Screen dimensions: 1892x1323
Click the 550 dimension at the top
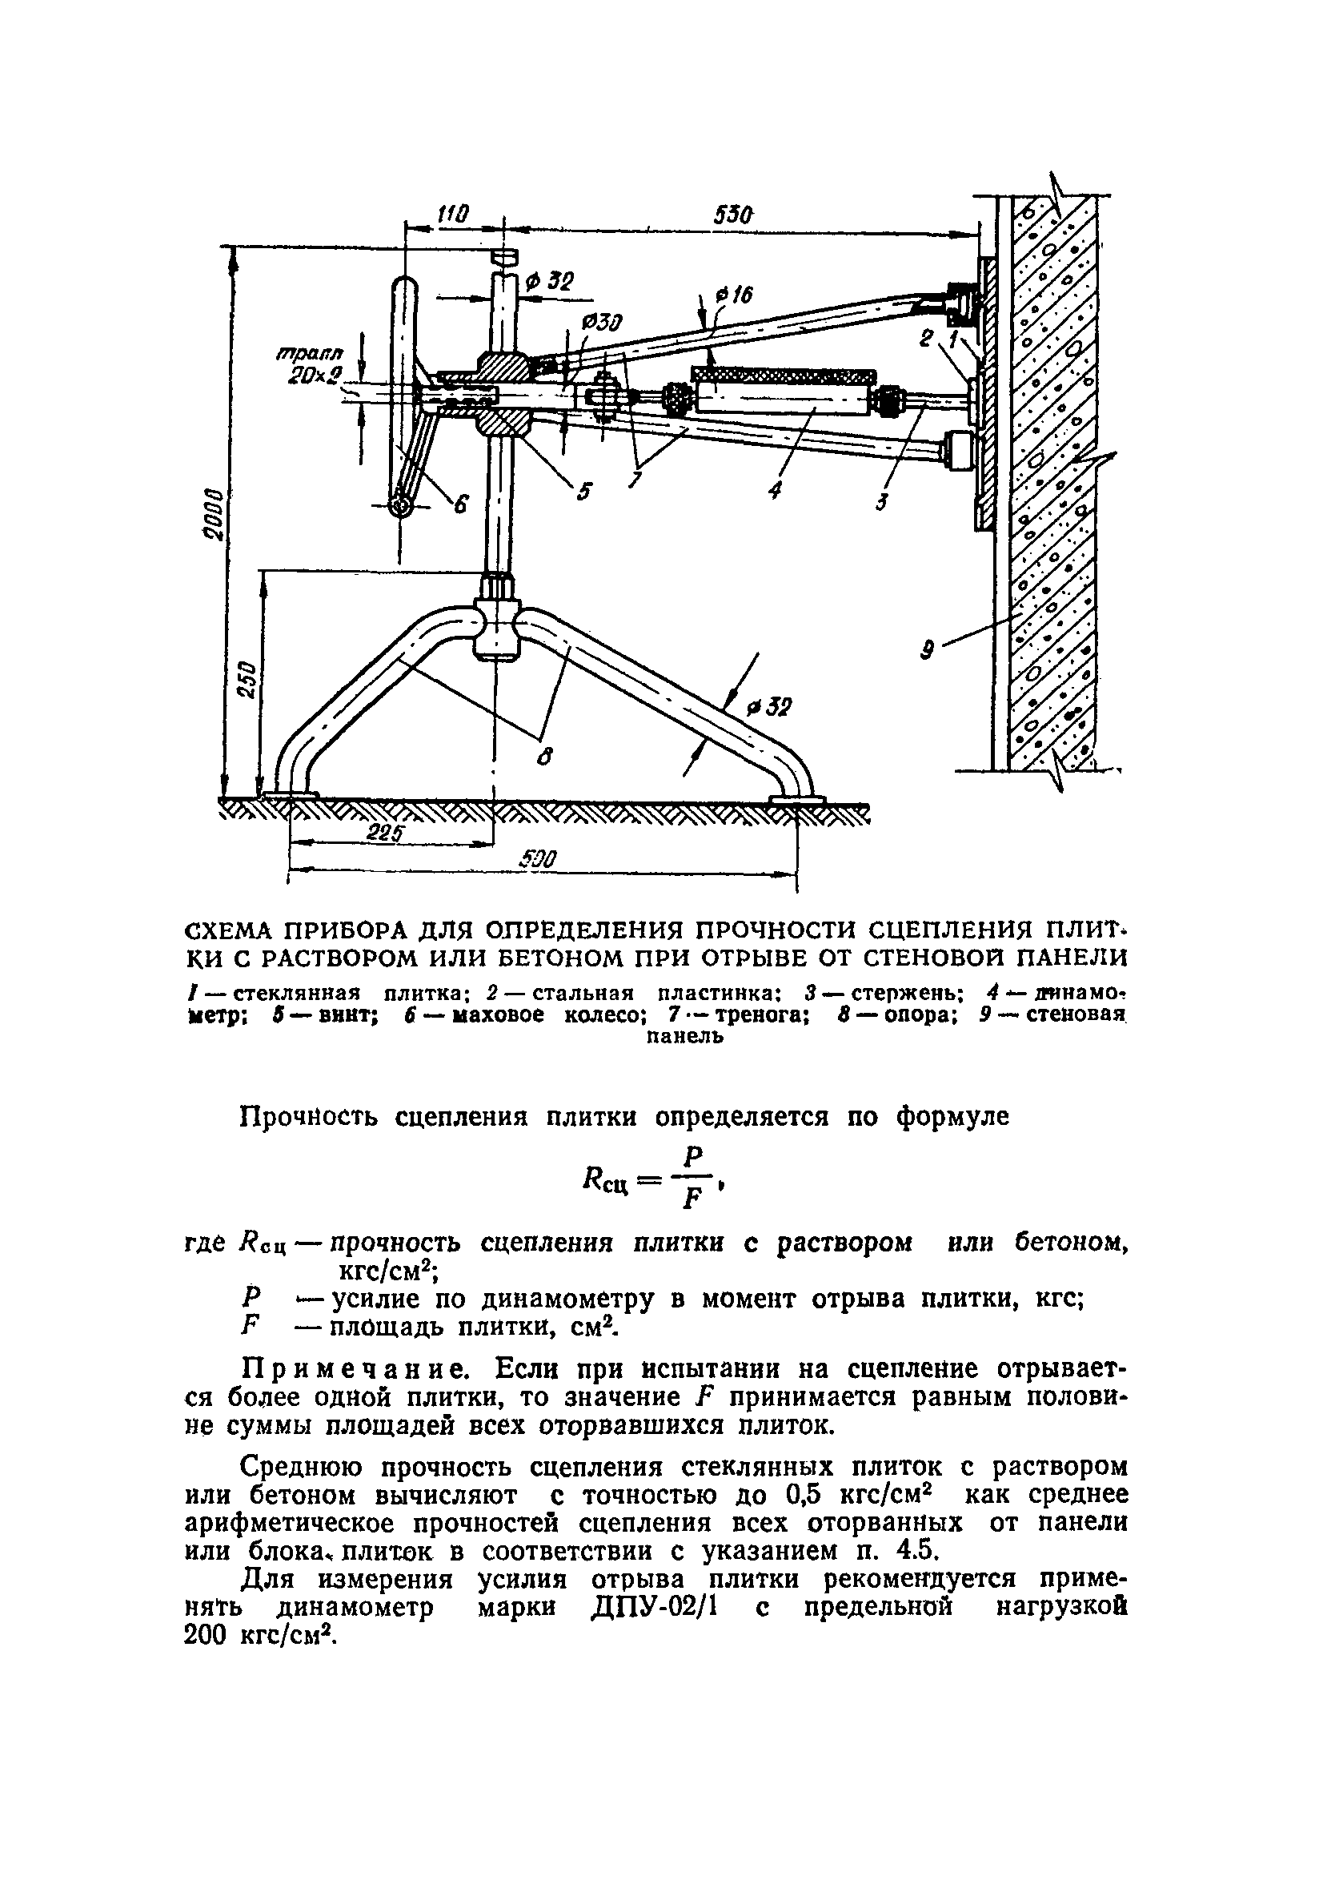point(732,215)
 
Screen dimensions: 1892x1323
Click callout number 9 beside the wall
point(927,651)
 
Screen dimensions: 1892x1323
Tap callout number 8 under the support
point(543,755)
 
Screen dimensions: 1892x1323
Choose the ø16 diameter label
point(736,294)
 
